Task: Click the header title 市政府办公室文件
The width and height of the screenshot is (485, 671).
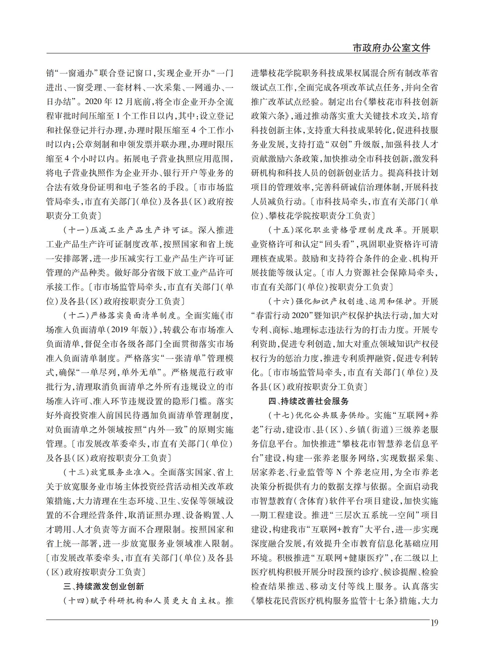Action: point(391,48)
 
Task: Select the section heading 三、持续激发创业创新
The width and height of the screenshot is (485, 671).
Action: point(104,587)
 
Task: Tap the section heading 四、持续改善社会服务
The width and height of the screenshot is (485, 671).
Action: point(309,401)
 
